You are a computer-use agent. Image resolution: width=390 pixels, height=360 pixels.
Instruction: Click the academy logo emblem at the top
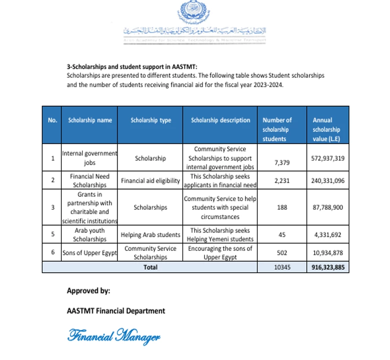pos(193,12)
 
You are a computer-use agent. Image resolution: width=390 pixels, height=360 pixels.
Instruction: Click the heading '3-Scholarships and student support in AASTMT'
pos(132,67)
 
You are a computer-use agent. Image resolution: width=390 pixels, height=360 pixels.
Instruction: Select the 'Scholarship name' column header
pos(90,120)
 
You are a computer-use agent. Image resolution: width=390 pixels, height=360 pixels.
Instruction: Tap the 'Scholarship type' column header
pos(151,120)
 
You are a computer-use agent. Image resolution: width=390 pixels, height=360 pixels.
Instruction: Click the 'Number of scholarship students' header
pos(277,129)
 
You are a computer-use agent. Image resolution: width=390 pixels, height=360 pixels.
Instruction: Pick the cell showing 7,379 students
pos(282,163)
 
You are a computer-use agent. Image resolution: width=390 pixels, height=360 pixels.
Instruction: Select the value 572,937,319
pos(327,158)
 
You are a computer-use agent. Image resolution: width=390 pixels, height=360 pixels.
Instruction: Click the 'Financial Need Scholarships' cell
pos(90,180)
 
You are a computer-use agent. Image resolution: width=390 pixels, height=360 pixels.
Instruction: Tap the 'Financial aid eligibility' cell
pos(151,181)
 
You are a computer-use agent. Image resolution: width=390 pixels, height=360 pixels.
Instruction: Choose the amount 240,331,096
pos(327,181)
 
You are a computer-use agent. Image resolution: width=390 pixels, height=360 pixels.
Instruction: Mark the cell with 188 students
pos(282,208)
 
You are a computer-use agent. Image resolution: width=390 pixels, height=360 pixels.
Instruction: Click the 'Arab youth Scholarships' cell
pos(90,235)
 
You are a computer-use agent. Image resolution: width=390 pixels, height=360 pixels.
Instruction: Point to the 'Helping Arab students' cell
pos(151,235)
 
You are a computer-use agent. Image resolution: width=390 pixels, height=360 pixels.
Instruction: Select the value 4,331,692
pos(327,235)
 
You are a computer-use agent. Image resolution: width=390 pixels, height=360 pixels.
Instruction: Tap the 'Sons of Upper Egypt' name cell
pos(90,253)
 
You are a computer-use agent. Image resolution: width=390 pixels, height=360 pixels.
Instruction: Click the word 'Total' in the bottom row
pos(150,267)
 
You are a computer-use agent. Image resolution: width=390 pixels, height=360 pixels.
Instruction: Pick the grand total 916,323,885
pos(327,268)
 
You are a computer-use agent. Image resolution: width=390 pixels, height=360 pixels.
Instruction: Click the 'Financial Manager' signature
pos(114,336)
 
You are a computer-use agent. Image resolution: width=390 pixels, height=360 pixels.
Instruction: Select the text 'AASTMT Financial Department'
pos(116,311)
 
